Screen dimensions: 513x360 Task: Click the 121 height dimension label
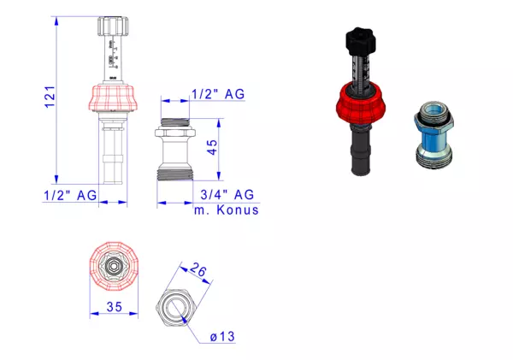point(50,97)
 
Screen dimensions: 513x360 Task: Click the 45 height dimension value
point(212,147)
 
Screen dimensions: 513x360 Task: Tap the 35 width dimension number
point(115,307)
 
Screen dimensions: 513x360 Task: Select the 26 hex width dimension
point(198,269)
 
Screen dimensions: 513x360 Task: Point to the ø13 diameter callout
point(222,336)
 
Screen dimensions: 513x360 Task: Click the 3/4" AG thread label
point(227,195)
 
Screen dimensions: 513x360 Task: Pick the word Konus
point(238,210)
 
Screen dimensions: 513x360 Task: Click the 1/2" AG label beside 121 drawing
point(70,196)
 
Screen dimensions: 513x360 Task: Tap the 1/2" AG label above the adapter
point(218,94)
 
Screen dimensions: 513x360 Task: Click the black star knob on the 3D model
point(361,41)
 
